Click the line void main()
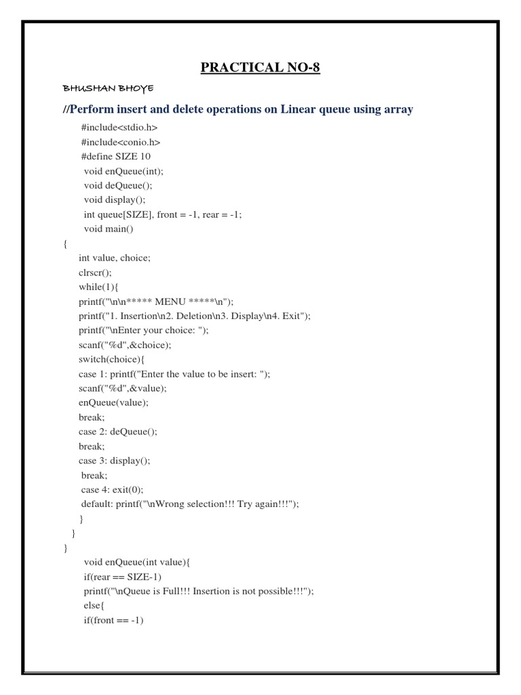tap(109, 229)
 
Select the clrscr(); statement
tap(96, 272)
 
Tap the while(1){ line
tap(99, 286)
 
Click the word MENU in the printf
tap(175, 301)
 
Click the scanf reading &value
tap(122, 388)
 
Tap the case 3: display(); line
tap(114, 460)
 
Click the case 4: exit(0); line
tap(113, 489)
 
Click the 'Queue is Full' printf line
tap(198, 590)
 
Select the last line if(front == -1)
tap(115, 620)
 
